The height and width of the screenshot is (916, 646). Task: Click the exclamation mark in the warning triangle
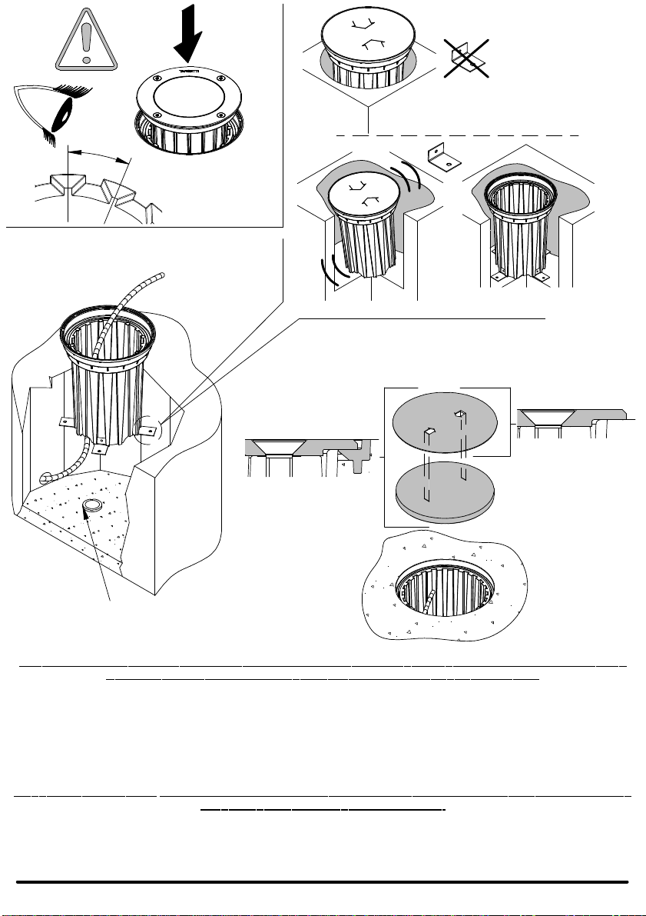[x=87, y=40]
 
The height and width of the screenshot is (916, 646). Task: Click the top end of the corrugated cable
[x=159, y=275]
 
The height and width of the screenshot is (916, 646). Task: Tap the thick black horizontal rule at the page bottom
[x=323, y=882]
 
